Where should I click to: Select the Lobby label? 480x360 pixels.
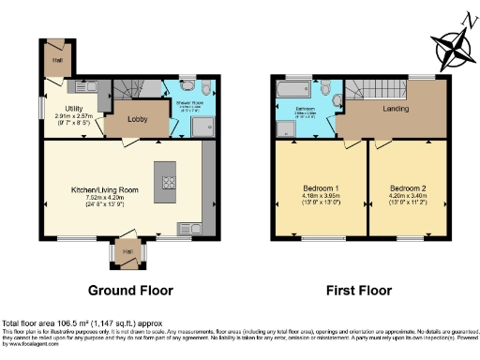127,121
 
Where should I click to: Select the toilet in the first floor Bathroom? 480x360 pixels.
323,90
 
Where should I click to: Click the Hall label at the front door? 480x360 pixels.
126,250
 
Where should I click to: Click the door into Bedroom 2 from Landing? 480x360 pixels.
383,142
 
